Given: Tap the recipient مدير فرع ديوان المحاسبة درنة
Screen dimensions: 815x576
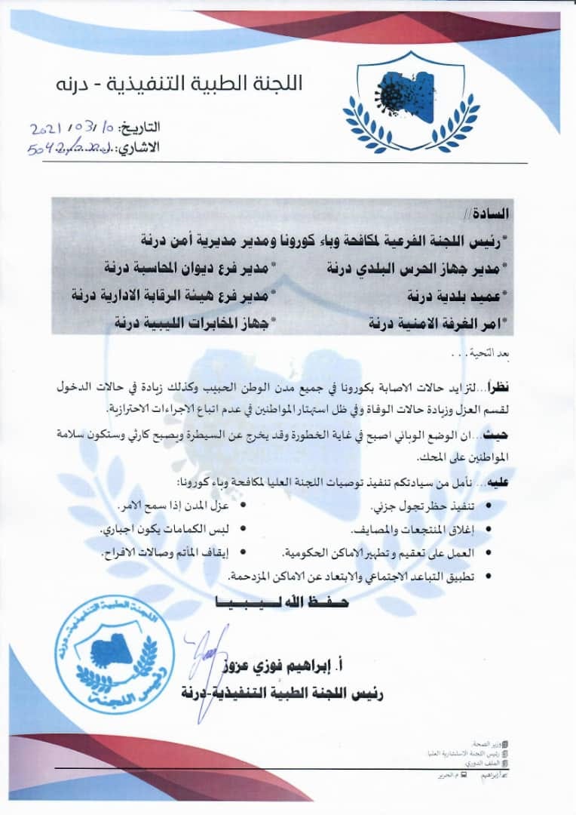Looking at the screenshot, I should pyautogui.click(x=189, y=268).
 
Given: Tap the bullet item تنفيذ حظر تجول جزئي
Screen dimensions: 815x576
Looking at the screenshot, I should pyautogui.click(x=434, y=506).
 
